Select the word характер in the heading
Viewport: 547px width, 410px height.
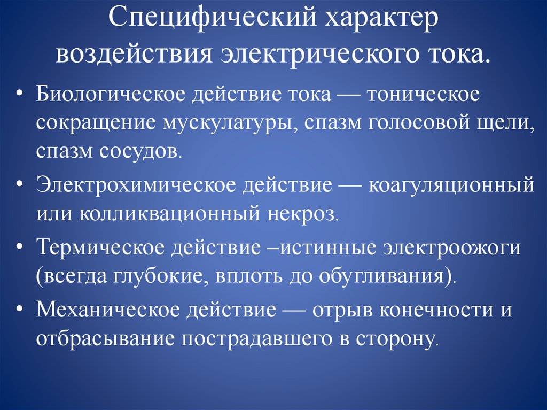[x=377, y=23]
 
